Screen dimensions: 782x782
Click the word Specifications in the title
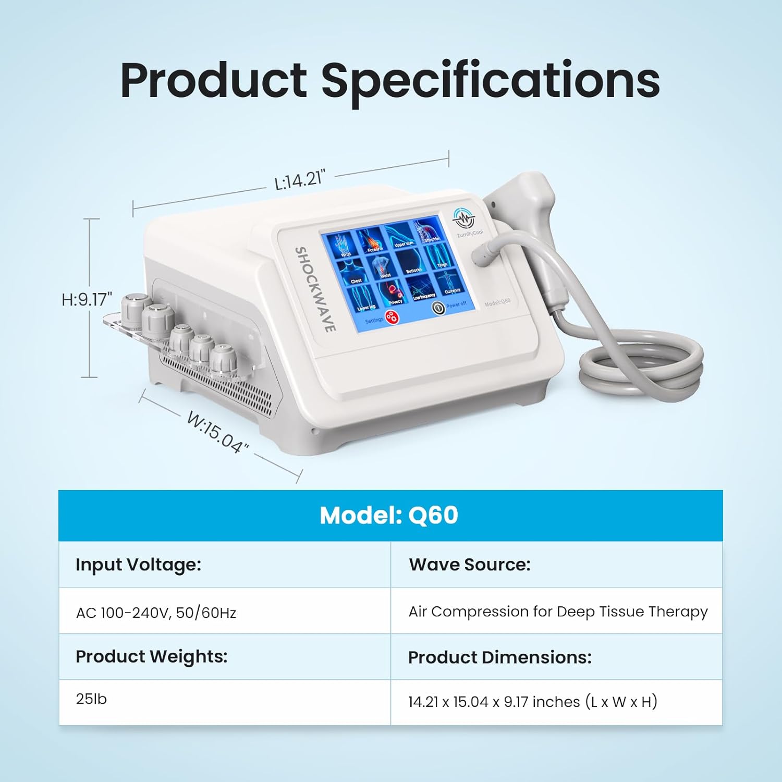[490, 81]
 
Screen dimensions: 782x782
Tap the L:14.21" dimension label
[299, 180]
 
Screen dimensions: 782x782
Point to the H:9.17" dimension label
[87, 299]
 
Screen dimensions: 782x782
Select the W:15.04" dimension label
[218, 432]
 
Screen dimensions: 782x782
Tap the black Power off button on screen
[438, 308]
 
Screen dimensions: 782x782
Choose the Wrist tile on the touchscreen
[344, 246]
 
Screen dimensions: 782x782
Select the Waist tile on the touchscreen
[383, 266]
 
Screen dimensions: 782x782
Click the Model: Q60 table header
[389, 516]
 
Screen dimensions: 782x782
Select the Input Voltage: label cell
[138, 565]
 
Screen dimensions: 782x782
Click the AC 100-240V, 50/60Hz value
[156, 612]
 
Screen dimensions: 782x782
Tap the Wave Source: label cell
[469, 565]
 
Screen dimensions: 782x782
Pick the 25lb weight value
[91, 699]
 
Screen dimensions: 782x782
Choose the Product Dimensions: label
[499, 657]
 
